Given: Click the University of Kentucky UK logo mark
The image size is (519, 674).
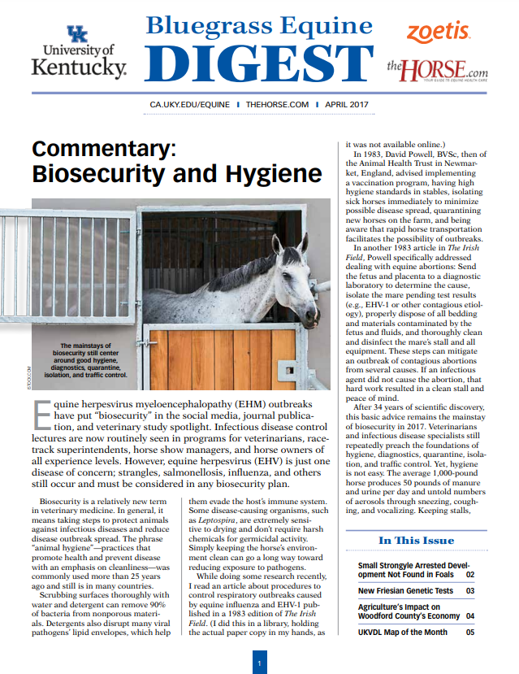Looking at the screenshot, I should point(78,34).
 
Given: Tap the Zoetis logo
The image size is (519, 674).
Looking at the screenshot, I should point(439,32).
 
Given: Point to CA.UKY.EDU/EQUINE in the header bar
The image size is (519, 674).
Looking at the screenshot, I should point(192,105).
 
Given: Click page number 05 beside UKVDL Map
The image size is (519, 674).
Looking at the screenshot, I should point(470,632).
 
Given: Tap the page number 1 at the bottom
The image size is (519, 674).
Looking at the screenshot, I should point(259,663).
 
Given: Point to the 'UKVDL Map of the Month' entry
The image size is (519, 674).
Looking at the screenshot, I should point(403,632).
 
